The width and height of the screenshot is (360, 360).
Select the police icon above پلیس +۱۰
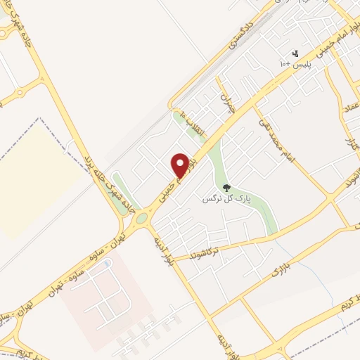point(295,53)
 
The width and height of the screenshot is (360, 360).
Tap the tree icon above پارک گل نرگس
point(226,188)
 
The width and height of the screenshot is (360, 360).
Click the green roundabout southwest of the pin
point(141,218)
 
